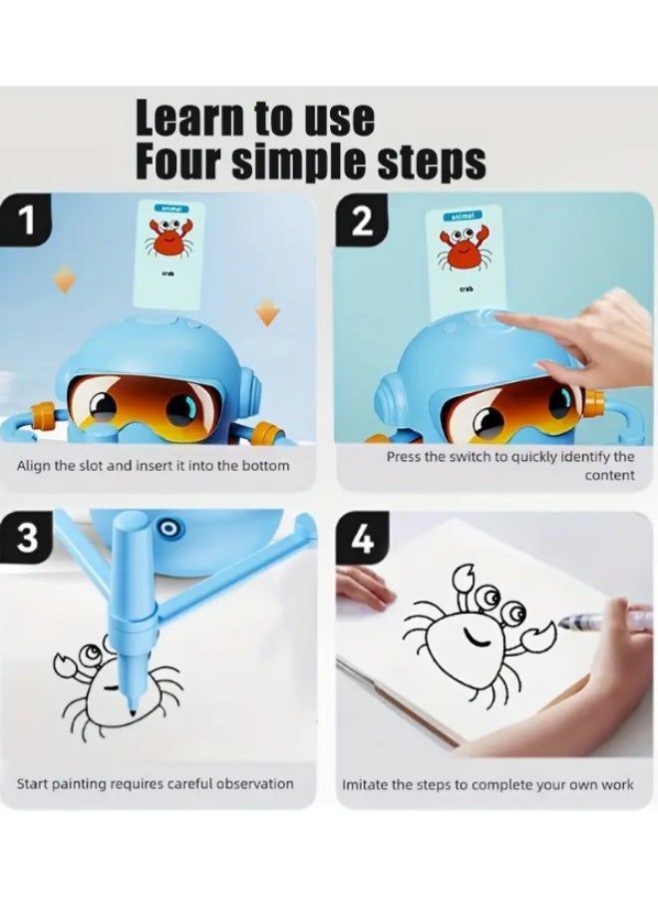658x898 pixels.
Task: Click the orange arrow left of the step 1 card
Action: pos(64,281)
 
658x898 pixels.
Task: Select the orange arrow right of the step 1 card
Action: pos(266,315)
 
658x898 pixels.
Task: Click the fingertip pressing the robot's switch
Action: pos(502,320)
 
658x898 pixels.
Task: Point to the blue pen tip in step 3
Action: pos(132,704)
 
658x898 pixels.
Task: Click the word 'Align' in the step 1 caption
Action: pos(34,466)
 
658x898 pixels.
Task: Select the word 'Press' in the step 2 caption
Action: pos(405,457)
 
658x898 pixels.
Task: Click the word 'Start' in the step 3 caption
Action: pos(34,783)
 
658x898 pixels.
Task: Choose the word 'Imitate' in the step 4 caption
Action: pos(367,784)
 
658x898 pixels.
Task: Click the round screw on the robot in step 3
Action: pos(168,526)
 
